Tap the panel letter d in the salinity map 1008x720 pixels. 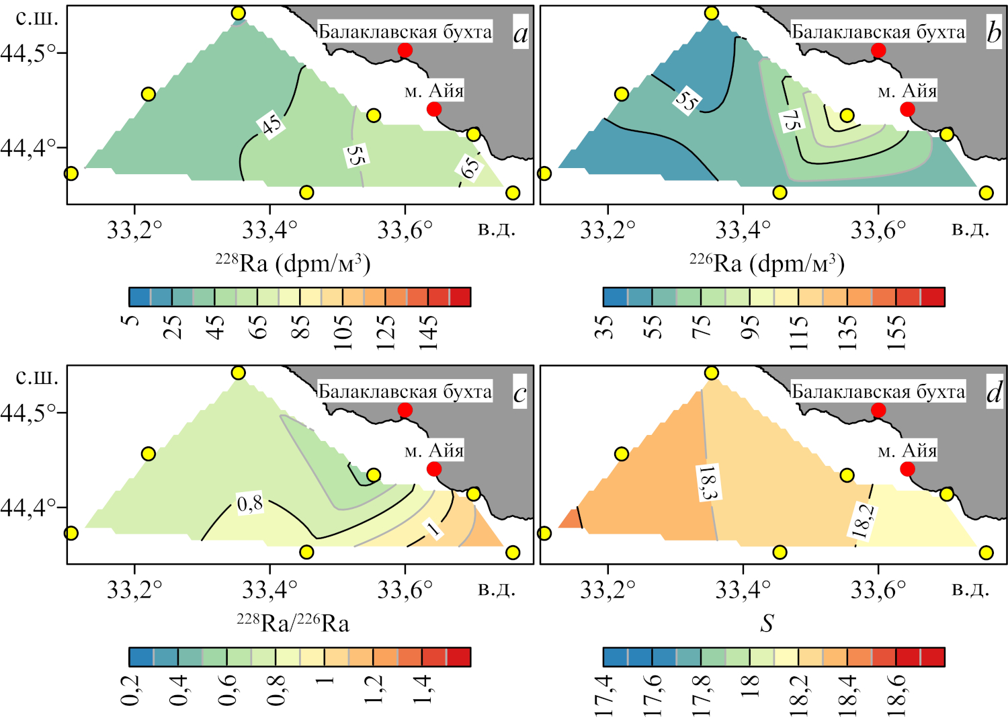[x=994, y=393]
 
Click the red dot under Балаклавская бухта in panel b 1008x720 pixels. [x=878, y=50]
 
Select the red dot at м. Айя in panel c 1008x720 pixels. [x=434, y=469]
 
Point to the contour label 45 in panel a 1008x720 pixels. [x=271, y=124]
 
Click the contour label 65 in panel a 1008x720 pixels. [x=470, y=166]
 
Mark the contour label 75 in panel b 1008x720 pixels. [x=791, y=120]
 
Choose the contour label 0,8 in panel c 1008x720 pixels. [x=250, y=503]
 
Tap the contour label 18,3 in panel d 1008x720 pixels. [x=708, y=483]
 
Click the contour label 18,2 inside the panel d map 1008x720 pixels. [x=863, y=521]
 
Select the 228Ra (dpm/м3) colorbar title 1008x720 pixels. [x=293, y=263]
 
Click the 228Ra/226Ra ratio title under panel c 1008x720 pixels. [x=293, y=623]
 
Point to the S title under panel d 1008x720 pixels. [x=767, y=624]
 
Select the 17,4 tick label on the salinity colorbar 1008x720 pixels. [x=604, y=695]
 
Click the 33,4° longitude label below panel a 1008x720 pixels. [x=269, y=231]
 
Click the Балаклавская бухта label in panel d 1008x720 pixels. [x=878, y=391]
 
